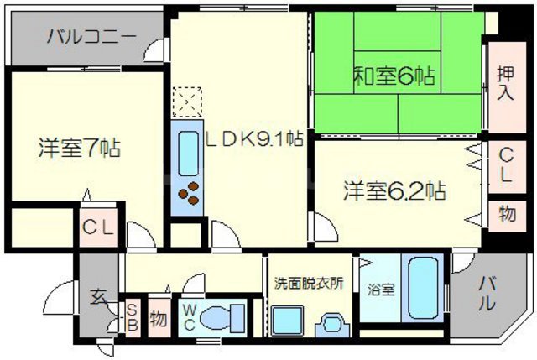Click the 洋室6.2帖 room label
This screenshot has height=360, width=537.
[x=393, y=190]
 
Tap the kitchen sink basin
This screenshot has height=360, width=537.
[x=187, y=151]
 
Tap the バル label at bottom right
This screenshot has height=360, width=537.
[x=487, y=294]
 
